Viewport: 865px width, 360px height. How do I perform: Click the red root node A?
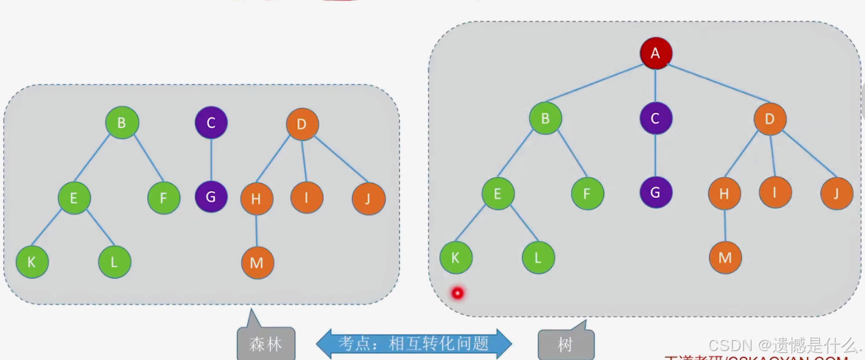pyautogui.click(x=656, y=54)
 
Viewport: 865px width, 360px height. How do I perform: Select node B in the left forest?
pyautogui.click(x=122, y=122)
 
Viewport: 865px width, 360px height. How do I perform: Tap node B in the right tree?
pyautogui.click(x=545, y=118)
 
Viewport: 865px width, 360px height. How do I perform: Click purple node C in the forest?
pyautogui.click(x=211, y=122)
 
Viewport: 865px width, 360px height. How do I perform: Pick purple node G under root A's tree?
pyautogui.click(x=656, y=192)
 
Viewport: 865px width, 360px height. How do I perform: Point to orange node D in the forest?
pyautogui.click(x=302, y=124)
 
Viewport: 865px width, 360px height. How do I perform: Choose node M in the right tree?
pyautogui.click(x=725, y=257)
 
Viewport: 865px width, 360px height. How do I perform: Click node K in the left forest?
pyautogui.click(x=32, y=262)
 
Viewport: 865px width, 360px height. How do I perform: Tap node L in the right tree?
pyautogui.click(x=538, y=257)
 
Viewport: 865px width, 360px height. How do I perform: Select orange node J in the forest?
pyautogui.click(x=368, y=198)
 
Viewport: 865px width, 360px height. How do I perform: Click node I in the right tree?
pyautogui.click(x=775, y=192)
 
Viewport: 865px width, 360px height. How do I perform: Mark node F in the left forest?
pyautogui.click(x=163, y=198)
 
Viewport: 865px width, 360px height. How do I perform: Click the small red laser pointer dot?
pyautogui.click(x=457, y=293)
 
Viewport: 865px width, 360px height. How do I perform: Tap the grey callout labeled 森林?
pyautogui.click(x=266, y=344)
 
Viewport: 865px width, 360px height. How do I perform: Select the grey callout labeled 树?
pyautogui.click(x=565, y=345)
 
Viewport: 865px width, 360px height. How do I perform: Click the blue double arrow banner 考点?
pyautogui.click(x=414, y=344)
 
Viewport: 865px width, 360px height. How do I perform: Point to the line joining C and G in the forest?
pyautogui.click(x=211, y=160)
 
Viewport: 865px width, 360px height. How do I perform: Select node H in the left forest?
pyautogui.click(x=256, y=199)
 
